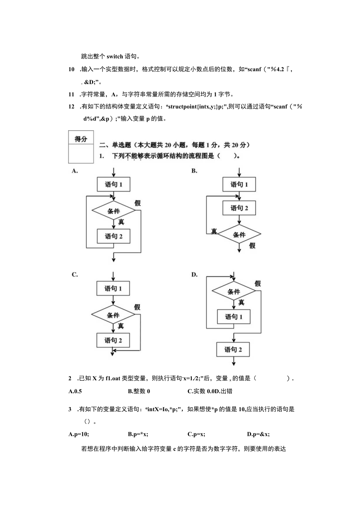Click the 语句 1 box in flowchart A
[113, 184]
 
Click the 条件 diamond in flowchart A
[113, 211]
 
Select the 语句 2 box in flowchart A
[113, 236]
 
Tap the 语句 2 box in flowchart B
[239, 208]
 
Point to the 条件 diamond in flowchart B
[239, 234]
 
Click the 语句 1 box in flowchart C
[113, 289]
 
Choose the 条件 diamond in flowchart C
[113, 315]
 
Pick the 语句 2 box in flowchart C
[113, 340]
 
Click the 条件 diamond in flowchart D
[234, 291]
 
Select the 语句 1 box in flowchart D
[234, 317]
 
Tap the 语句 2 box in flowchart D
[234, 349]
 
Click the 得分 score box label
[81, 139]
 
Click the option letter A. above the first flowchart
[74, 171]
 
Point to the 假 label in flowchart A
[137, 203]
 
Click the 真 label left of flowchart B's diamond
[214, 231]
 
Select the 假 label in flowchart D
[257, 284]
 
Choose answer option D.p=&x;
[258, 434]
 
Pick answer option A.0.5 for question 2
[75, 391]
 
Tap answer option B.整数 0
[139, 391]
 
